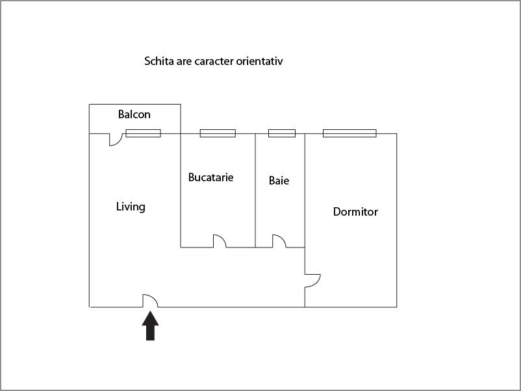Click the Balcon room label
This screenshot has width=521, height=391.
click(134, 114)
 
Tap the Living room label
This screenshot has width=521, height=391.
click(131, 207)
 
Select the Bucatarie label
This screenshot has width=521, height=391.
click(210, 177)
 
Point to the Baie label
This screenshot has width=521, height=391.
click(279, 181)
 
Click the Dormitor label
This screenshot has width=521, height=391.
click(355, 212)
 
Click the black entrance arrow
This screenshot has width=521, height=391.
click(150, 326)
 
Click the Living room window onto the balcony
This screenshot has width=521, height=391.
click(143, 133)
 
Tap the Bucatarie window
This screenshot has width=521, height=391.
click(218, 133)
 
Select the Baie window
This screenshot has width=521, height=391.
click(282, 133)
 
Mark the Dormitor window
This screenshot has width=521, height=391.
click(349, 133)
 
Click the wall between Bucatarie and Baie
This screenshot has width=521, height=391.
click(255, 190)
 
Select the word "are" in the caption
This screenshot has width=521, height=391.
click(184, 62)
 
